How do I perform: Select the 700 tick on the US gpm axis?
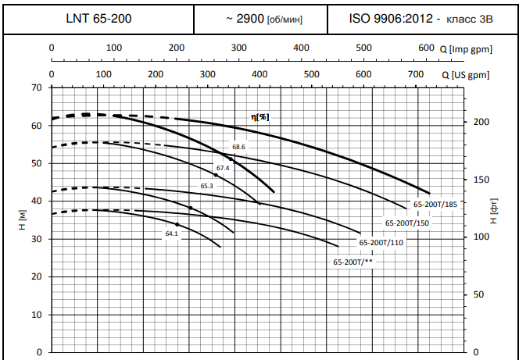pyautogui.click(x=415, y=75)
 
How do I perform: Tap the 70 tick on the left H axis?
pyautogui.click(x=36, y=87)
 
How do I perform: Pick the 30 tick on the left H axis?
pyautogui.click(x=36, y=239)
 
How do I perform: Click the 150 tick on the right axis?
pyautogui.click(x=481, y=180)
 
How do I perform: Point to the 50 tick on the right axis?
pyautogui.click(x=479, y=295)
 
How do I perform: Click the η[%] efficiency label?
pyautogui.click(x=259, y=116)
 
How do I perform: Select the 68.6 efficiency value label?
pyautogui.click(x=238, y=147)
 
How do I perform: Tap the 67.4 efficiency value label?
pyautogui.click(x=223, y=168)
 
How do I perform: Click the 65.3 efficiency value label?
pyautogui.click(x=207, y=186)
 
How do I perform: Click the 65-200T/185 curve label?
pyautogui.click(x=435, y=204)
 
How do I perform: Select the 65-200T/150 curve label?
pyautogui.click(x=407, y=223)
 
